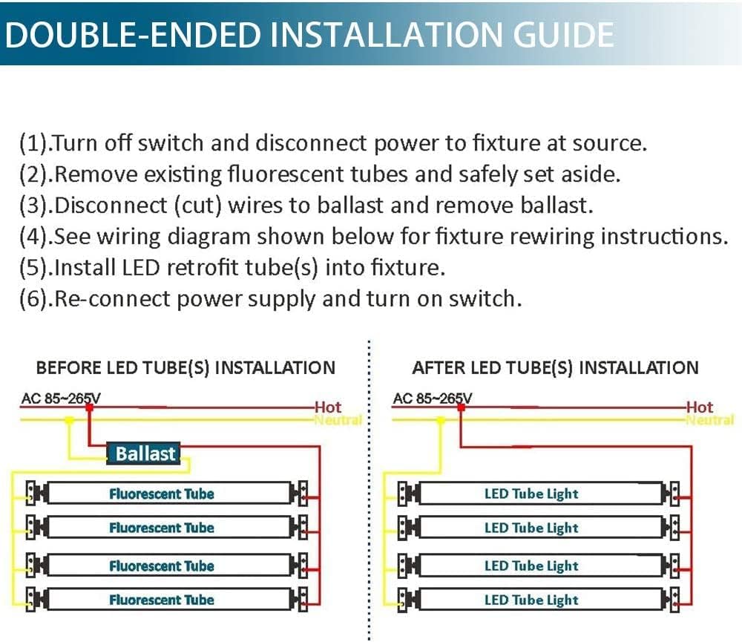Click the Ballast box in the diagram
pyautogui.click(x=143, y=453)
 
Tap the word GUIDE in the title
pyautogui.click(x=563, y=35)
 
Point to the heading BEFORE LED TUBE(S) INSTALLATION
pyautogui.click(x=185, y=368)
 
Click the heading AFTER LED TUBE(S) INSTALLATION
pyautogui.click(x=556, y=368)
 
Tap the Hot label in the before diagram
pyautogui.click(x=328, y=407)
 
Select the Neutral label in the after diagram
pyautogui.click(x=710, y=420)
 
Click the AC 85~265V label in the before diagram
pyautogui.click(x=61, y=399)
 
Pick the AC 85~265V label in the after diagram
pyautogui.click(x=432, y=399)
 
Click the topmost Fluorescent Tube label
pyautogui.click(x=161, y=494)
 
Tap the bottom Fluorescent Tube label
pyautogui.click(x=161, y=600)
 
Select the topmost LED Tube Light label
pyautogui.click(x=531, y=494)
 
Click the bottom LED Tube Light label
pyautogui.click(x=531, y=600)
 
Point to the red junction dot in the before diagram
pyautogui.click(x=89, y=407)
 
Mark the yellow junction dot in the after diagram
pyautogui.click(x=441, y=420)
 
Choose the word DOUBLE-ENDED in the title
pyautogui.click(x=134, y=35)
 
